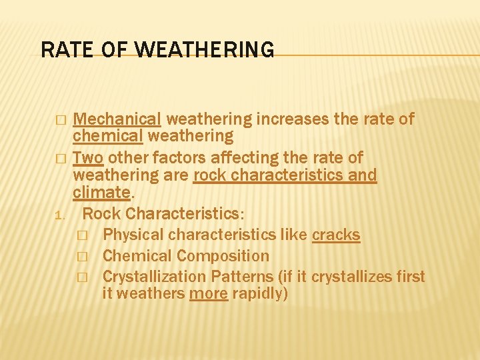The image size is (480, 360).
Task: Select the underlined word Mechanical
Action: point(117,119)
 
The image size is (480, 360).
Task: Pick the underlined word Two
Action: point(88,158)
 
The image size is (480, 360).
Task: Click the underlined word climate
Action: point(101,193)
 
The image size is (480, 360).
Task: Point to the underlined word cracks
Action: point(336,235)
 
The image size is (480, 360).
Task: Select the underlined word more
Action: point(209,293)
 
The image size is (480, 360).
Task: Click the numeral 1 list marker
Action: point(59,215)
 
